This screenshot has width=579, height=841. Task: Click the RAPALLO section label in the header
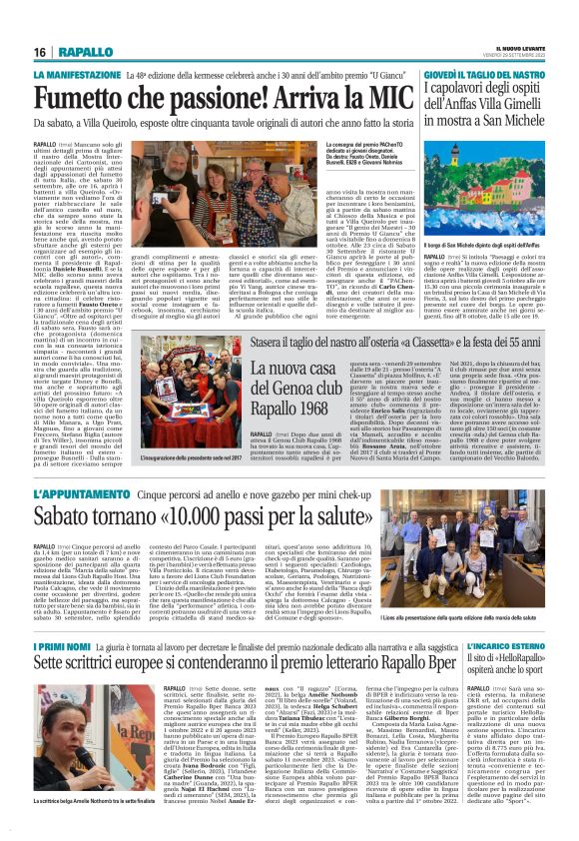coord(85,51)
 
